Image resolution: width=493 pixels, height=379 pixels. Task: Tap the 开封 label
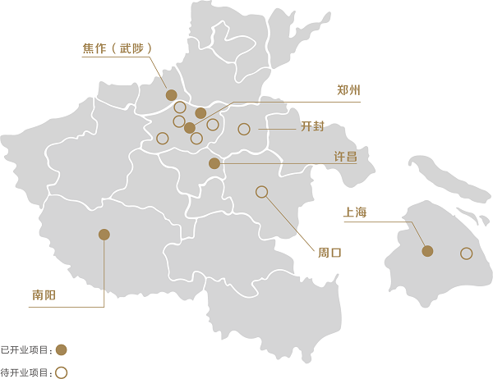click(313, 127)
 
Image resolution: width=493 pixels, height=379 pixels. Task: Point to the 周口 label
click(329, 253)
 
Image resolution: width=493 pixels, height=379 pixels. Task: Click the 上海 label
click(355, 213)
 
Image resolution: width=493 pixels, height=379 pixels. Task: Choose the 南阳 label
click(44, 294)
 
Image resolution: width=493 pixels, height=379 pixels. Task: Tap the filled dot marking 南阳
click(104, 235)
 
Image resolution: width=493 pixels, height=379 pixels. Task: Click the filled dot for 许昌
click(214, 163)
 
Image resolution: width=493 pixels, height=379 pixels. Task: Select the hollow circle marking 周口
click(262, 192)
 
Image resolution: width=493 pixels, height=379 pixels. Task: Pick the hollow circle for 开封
click(244, 129)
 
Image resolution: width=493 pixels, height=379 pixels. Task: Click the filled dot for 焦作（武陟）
click(172, 95)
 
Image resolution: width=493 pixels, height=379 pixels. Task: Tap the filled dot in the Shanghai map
click(427, 251)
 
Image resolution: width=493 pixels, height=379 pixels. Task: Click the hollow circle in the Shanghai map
click(466, 253)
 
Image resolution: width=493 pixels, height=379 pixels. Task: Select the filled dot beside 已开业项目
click(61, 349)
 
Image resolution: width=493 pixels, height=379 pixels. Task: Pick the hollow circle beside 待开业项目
click(61, 372)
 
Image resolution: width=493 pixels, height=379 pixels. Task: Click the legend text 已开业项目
click(25, 350)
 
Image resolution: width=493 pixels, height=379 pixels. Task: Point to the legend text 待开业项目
click(25, 372)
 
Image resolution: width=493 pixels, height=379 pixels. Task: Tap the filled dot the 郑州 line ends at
click(190, 128)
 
